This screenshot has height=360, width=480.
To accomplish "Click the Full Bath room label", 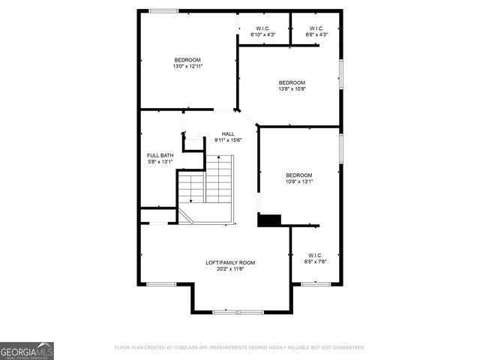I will [x=160, y=155].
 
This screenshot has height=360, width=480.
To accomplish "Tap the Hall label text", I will [x=228, y=133].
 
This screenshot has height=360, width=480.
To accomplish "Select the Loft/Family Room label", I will [x=230, y=262].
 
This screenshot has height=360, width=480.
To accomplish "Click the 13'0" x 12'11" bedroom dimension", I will [x=187, y=66].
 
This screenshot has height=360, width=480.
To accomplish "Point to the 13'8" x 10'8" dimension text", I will [x=292, y=88].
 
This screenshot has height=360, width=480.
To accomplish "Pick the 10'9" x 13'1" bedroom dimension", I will [x=298, y=181].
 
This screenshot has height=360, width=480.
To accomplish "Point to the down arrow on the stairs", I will [x=190, y=199].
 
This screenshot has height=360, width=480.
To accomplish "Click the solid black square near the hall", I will [x=268, y=220].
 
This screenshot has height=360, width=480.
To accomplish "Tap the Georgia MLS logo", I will [x=27, y=350].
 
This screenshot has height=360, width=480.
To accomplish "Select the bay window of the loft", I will [x=238, y=310].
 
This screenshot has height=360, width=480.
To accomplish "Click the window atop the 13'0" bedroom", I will [x=163, y=10].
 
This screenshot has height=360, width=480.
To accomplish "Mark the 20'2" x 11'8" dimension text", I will [x=230, y=268].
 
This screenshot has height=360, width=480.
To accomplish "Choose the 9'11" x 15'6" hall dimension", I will [x=228, y=139].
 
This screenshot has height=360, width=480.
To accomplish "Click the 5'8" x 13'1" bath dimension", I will [x=160, y=161].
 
